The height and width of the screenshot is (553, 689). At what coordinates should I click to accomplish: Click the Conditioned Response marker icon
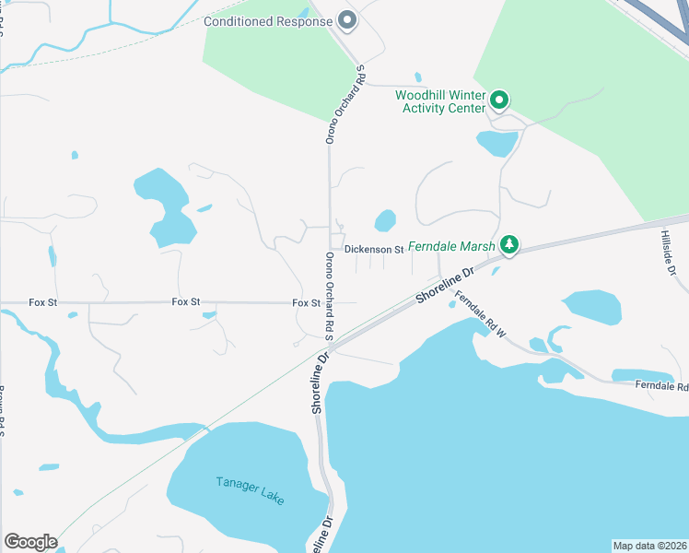pos(347,19)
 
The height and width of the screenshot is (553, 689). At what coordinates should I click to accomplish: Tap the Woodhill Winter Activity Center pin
pos(499,99)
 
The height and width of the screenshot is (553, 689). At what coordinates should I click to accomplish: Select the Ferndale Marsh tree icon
pos(508,245)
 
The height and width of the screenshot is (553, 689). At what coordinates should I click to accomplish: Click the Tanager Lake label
pos(251,489)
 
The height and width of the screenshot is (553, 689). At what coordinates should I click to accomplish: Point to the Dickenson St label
pos(374,249)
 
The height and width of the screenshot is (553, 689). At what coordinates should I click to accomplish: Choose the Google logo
pos(30,542)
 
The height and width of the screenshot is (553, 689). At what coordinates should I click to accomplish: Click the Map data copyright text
pos(649,545)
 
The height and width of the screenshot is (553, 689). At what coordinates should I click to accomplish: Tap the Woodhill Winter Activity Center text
pos(440,101)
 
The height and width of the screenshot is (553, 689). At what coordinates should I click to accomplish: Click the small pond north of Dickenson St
pos(385,221)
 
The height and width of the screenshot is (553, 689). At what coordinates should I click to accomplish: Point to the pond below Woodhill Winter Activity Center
pos(496,143)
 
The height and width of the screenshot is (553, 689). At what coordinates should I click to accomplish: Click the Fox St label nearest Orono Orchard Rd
pos(306,302)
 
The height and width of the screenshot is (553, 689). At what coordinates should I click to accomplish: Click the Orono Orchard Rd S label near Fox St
pos(328,293)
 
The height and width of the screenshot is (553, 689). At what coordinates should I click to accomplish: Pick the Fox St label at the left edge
pos(42,301)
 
